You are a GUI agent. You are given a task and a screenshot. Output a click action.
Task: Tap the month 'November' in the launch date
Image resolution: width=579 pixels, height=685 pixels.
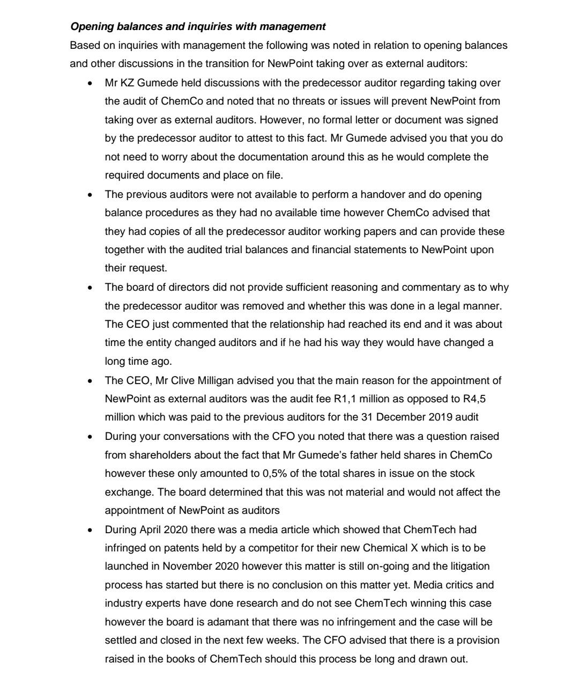point(186,566)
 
